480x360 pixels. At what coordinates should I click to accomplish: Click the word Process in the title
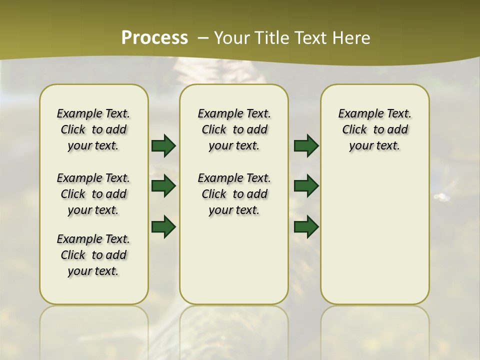pyautogui.click(x=154, y=38)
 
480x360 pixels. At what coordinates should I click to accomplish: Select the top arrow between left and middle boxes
pyautogui.click(x=163, y=145)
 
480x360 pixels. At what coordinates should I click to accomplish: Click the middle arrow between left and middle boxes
pyautogui.click(x=163, y=186)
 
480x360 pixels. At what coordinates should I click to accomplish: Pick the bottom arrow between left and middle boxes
pyautogui.click(x=163, y=226)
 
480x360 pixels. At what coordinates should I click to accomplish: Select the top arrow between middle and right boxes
pyautogui.click(x=306, y=145)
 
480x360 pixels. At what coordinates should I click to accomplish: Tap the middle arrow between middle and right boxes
pyautogui.click(x=306, y=186)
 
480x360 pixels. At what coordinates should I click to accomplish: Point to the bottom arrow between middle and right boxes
pyautogui.click(x=306, y=226)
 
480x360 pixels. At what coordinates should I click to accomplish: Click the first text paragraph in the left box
pyautogui.click(x=93, y=129)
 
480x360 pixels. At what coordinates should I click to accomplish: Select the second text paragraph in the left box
pyautogui.click(x=93, y=194)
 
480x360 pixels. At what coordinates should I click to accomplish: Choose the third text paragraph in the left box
pyautogui.click(x=93, y=255)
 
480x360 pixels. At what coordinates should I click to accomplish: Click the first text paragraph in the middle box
pyautogui.click(x=234, y=129)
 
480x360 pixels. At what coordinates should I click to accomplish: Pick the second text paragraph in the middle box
pyautogui.click(x=234, y=194)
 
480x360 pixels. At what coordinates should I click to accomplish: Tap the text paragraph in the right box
pyautogui.click(x=375, y=129)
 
